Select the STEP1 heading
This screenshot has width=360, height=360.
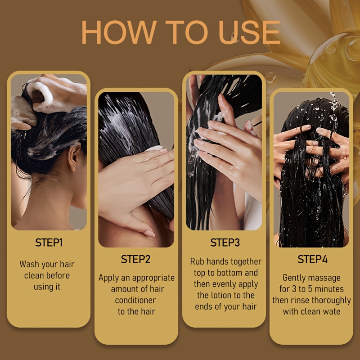pyautogui.click(x=49, y=243)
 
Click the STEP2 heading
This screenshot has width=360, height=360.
pyautogui.click(x=136, y=259)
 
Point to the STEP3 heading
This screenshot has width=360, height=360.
pyautogui.click(x=225, y=243)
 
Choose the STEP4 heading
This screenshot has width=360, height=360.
pyautogui.click(x=312, y=259)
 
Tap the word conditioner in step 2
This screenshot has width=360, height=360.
pyautogui.click(x=135, y=300)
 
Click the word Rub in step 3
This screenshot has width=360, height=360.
pyautogui.click(x=196, y=261)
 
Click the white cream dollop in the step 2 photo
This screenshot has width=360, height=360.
pyautogui.click(x=154, y=148)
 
